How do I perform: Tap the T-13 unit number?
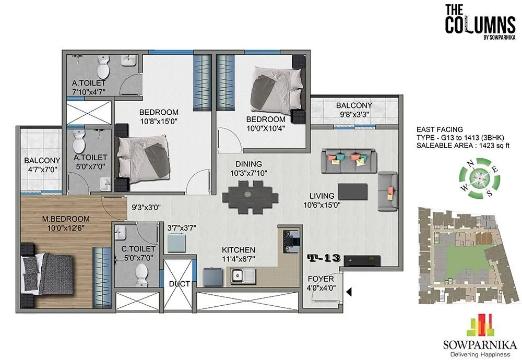pyautogui.click(x=324, y=258)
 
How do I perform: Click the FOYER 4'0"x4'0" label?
pyautogui.click(x=321, y=283)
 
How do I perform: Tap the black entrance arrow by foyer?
pyautogui.click(x=349, y=292)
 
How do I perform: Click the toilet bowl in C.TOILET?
pyautogui.click(x=141, y=271)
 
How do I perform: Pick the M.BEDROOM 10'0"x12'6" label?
pyautogui.click(x=66, y=223)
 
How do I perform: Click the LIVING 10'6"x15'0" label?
pyautogui.click(x=323, y=200)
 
